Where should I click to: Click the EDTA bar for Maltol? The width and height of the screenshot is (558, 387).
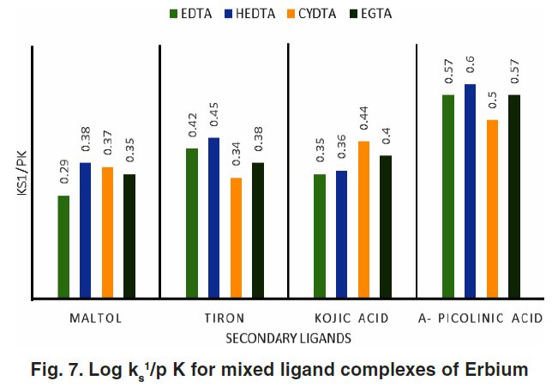click(63, 247)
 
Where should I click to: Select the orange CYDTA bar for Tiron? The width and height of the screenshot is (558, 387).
click(236, 238)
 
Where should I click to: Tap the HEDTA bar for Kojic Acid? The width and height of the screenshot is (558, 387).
click(341, 234)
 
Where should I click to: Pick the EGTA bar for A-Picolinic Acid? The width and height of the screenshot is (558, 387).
click(514, 197)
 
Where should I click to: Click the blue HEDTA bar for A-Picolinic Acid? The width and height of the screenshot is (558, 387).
click(471, 191)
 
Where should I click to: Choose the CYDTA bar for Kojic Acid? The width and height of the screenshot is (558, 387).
click(363, 220)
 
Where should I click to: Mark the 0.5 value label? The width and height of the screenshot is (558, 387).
click(493, 99)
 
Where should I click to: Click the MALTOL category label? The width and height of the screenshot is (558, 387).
click(95, 318)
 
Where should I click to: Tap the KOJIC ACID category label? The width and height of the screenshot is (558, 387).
click(352, 318)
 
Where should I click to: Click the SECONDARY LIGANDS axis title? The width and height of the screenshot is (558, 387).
click(288, 339)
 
